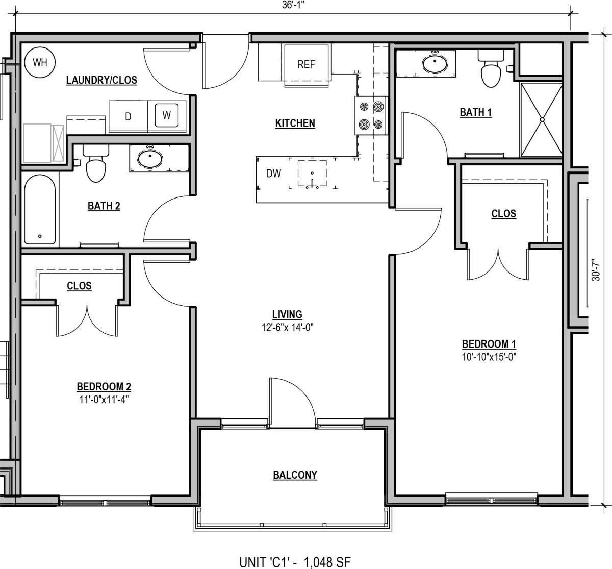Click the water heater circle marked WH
39,63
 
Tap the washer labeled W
167,115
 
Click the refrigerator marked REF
306,64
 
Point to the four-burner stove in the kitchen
371,116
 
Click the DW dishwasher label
274,174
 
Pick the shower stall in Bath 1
542,119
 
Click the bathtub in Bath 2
40,210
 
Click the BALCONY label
295,475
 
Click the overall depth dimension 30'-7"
595,270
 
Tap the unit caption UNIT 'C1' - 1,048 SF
295,562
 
